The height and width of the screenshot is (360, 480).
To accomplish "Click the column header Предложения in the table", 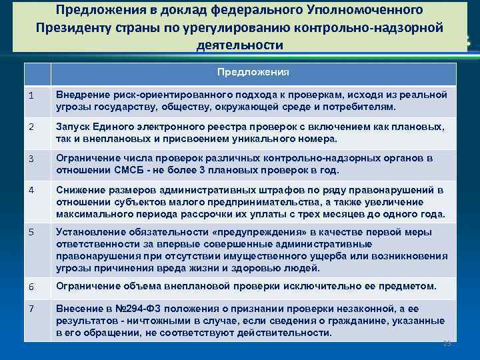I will (253, 72).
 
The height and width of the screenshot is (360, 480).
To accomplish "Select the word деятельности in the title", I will (240, 45).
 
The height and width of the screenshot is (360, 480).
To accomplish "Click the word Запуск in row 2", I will (73, 127).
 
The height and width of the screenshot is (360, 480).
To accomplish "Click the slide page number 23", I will (447, 343).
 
